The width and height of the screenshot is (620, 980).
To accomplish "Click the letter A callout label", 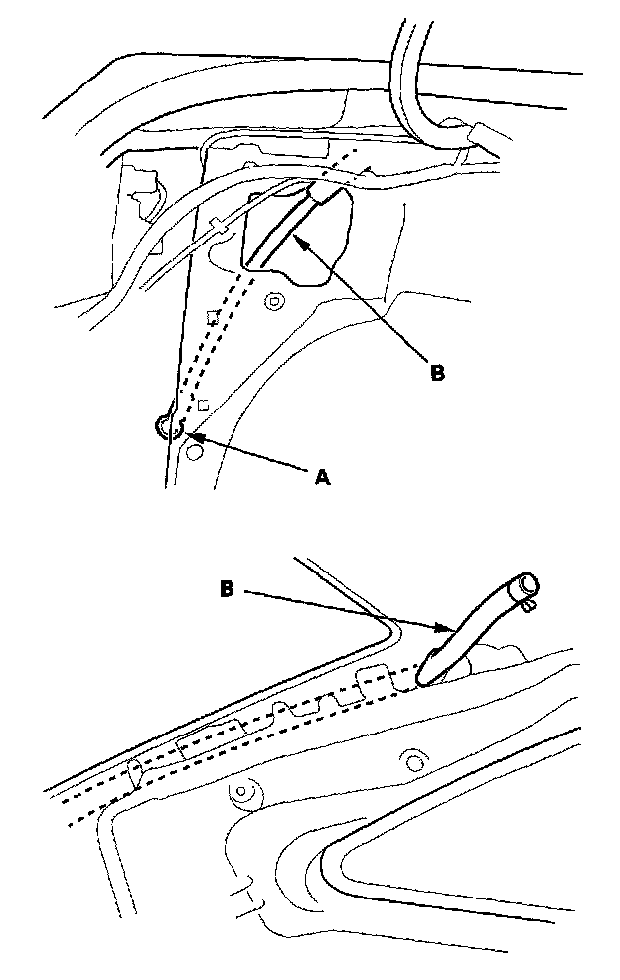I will (321, 479).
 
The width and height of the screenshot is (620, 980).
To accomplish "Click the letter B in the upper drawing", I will (437, 374).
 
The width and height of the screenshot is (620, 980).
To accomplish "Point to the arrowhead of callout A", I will (188, 434).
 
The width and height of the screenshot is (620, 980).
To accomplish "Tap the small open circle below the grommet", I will (195, 454).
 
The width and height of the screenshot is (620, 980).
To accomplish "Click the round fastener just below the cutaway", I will (275, 300).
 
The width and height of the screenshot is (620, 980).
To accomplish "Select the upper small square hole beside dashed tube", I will (211, 317).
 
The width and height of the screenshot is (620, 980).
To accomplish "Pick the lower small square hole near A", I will (203, 405).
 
